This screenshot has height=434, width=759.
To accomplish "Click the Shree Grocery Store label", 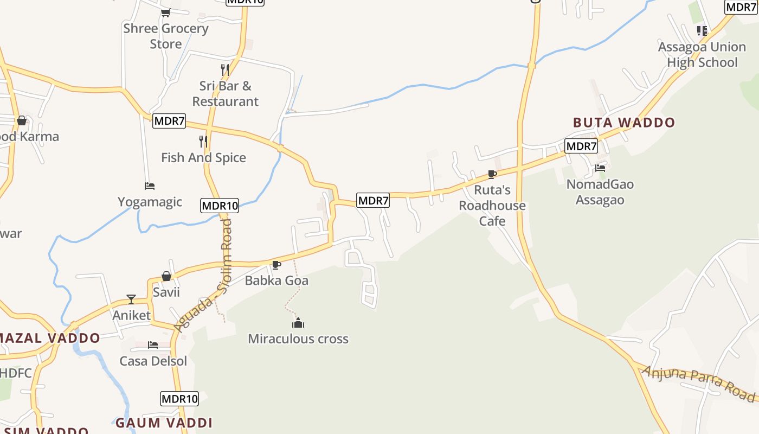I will tap(166, 36).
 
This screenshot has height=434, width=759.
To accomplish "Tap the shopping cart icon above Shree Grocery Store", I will tap(165, 12).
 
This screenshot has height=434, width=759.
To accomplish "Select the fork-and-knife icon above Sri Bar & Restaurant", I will tap(225, 70).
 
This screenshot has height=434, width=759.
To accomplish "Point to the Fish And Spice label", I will tap(203, 158).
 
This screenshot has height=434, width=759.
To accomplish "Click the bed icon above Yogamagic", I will tap(150, 186).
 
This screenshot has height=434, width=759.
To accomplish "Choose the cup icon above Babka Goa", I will tap(276, 265).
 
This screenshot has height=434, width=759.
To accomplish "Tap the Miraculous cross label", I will tap(298, 339).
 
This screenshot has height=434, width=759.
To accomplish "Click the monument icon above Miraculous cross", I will tap(298, 323).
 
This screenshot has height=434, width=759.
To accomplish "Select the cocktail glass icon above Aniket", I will tap(131, 299).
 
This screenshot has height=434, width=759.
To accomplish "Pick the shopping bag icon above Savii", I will tap(166, 277).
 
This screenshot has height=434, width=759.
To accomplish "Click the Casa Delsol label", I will tap(153, 361).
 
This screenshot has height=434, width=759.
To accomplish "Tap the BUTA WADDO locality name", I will tap(624, 123).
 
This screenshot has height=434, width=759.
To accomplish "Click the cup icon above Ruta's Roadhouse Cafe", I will tap(492, 174).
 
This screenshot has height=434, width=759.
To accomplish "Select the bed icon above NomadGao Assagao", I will tap(600, 168).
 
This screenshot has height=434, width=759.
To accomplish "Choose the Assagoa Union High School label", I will tap(702, 55).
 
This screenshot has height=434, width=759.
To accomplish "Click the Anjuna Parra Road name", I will tap(699, 383).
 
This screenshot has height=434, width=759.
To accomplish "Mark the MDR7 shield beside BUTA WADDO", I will tap(581, 146).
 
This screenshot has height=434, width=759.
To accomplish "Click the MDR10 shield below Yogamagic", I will tap(220, 206).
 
